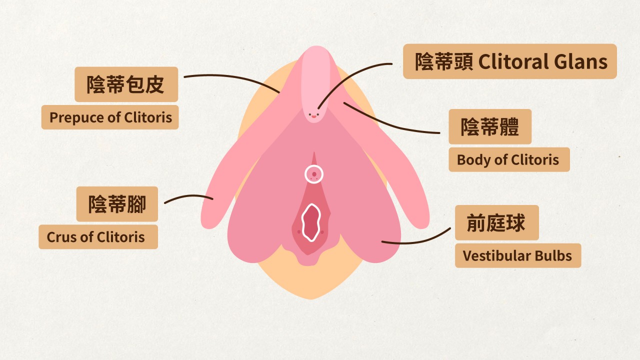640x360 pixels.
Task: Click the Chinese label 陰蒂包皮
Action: click(126, 84)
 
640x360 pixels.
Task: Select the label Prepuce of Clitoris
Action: click(110, 117)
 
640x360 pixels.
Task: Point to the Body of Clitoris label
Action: click(508, 160)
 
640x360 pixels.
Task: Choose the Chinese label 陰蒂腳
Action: click(117, 204)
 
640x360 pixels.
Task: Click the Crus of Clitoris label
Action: click(98, 237)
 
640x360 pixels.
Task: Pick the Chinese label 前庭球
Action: click(496, 222)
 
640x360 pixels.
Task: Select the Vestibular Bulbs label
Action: click(517, 255)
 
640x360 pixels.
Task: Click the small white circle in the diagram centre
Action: click(314, 174)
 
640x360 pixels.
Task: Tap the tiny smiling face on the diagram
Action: click(313, 115)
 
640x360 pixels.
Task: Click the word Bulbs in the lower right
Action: click(552, 255)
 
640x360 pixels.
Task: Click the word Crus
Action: click(59, 237)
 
